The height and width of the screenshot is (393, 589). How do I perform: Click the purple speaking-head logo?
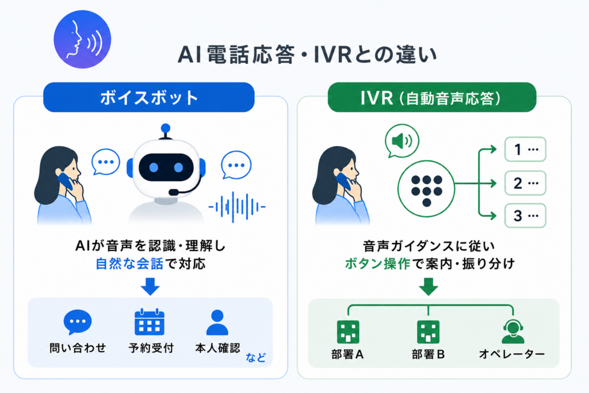pyautogui.click(x=82, y=40)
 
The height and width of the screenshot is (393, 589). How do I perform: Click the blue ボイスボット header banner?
pyautogui.click(x=149, y=97)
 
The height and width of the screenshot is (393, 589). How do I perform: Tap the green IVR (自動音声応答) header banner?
pyautogui.click(x=431, y=97)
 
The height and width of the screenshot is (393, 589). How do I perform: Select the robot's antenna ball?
pyautogui.click(x=165, y=129)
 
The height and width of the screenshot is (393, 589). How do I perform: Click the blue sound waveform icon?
pyautogui.click(x=237, y=207)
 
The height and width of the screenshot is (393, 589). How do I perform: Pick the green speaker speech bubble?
pyautogui.click(x=402, y=142)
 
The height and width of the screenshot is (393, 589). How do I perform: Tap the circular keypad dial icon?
pyautogui.click(x=426, y=189)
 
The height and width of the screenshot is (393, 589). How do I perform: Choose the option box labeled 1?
pyautogui.click(x=525, y=149)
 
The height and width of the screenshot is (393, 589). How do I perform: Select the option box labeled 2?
pyautogui.click(x=525, y=183)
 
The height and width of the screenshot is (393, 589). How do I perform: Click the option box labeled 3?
pyautogui.click(x=525, y=216)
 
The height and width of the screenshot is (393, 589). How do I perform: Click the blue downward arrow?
pyautogui.click(x=150, y=287)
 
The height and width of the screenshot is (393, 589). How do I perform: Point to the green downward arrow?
pyautogui.click(x=428, y=287)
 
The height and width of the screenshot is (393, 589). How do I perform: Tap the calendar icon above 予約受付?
pyautogui.click(x=150, y=322)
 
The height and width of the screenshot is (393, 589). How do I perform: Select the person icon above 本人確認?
pyautogui.click(x=217, y=322)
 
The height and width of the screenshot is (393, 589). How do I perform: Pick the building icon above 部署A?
pyautogui.click(x=348, y=332)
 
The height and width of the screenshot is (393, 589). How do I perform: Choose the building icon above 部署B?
pyautogui.click(x=428, y=332)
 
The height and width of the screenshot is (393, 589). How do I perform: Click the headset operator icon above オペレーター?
pyautogui.click(x=513, y=331)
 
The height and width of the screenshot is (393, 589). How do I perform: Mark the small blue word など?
pyautogui.click(x=255, y=357)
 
